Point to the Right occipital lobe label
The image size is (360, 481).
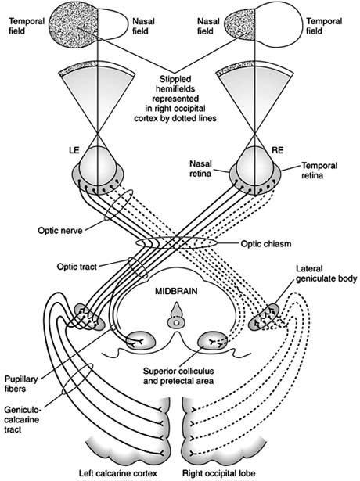coord(228,473)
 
